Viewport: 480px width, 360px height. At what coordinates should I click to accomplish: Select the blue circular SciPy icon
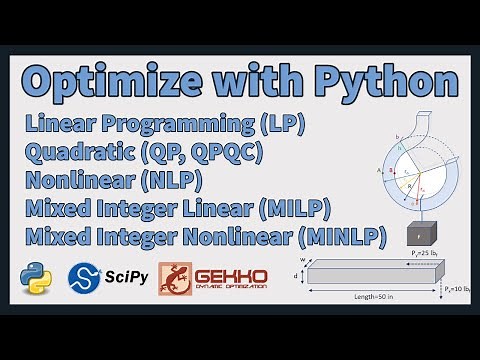pyautogui.click(x=84, y=277)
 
